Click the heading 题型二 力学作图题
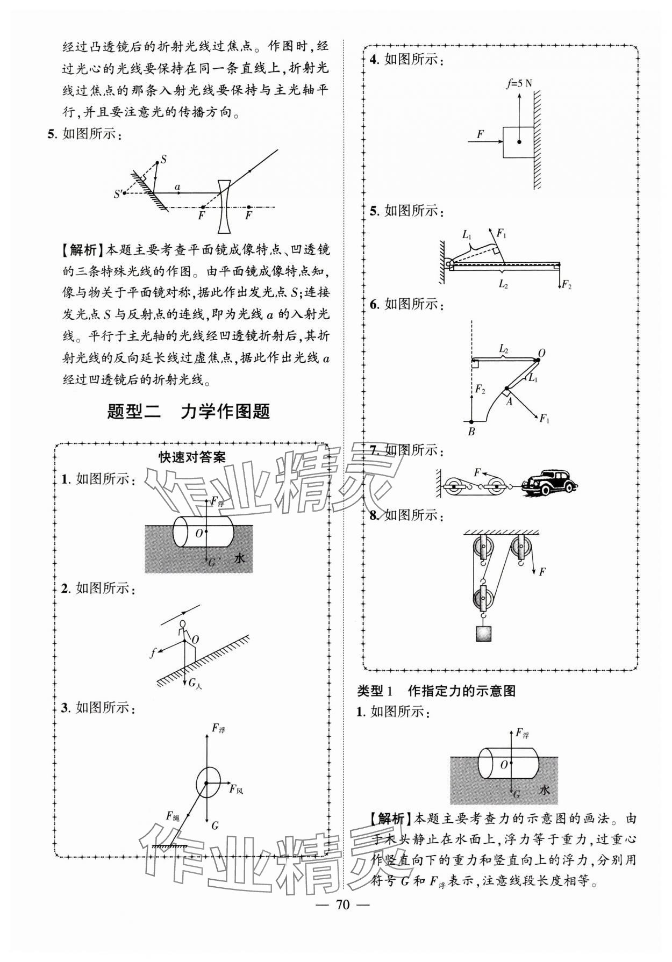point(189,412)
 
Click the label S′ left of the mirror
point(117,195)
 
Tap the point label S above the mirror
point(163,159)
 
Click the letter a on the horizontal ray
point(177,187)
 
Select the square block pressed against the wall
point(518,142)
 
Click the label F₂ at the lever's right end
point(566,285)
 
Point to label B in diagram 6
point(471,432)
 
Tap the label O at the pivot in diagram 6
point(541,353)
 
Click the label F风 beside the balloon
point(236,789)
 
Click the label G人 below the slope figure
point(195,683)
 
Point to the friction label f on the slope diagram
point(153,653)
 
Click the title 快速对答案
point(192,457)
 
